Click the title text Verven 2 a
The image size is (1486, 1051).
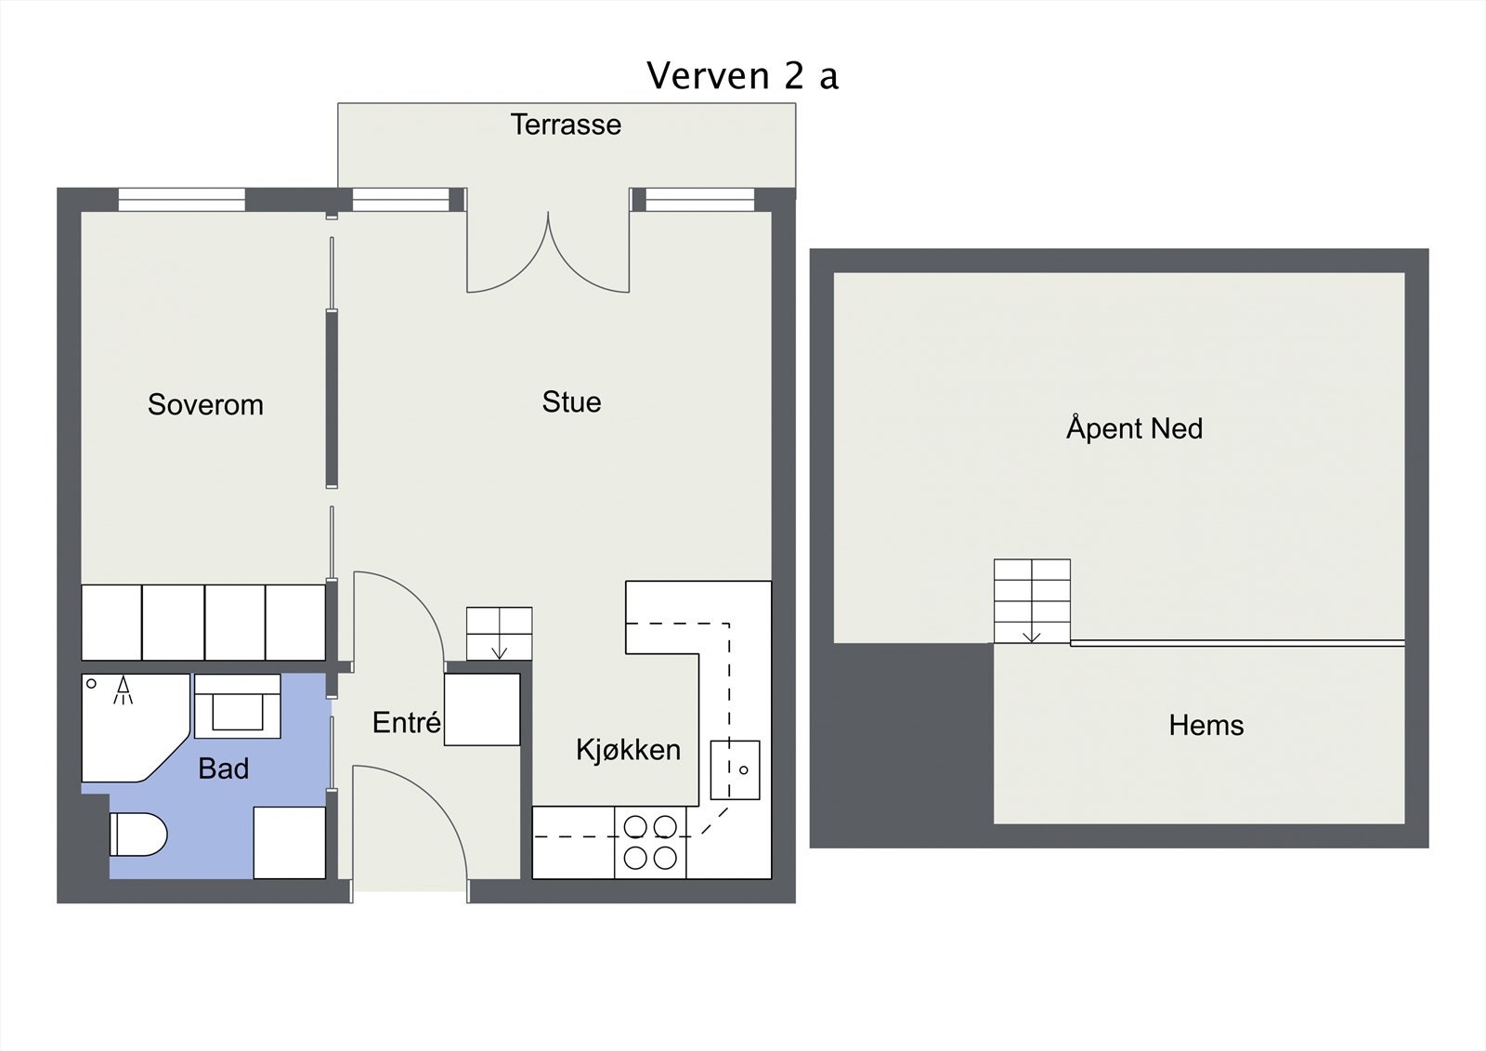[x=742, y=75]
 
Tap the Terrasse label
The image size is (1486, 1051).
[x=566, y=125]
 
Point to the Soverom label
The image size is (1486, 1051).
[x=205, y=404]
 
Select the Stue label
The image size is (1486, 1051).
[x=572, y=401]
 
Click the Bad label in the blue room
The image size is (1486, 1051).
[x=224, y=769]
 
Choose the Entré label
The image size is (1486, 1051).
[x=407, y=722]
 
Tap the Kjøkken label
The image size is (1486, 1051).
[x=628, y=750]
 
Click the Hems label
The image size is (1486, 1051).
[x=1206, y=725]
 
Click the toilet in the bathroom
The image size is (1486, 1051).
[x=138, y=834]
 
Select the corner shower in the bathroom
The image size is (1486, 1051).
[x=136, y=728]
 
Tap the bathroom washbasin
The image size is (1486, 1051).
[x=238, y=706]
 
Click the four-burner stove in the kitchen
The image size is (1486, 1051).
[x=650, y=843]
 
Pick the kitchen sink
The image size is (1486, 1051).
[x=735, y=770]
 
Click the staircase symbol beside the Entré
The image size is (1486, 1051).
[x=499, y=634]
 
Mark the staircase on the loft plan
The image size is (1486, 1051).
[x=1032, y=601]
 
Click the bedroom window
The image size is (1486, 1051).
[x=182, y=199]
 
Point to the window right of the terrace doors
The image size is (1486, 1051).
[x=700, y=199]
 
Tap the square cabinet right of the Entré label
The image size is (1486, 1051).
[x=482, y=709]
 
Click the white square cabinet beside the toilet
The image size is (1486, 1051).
[x=290, y=843]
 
